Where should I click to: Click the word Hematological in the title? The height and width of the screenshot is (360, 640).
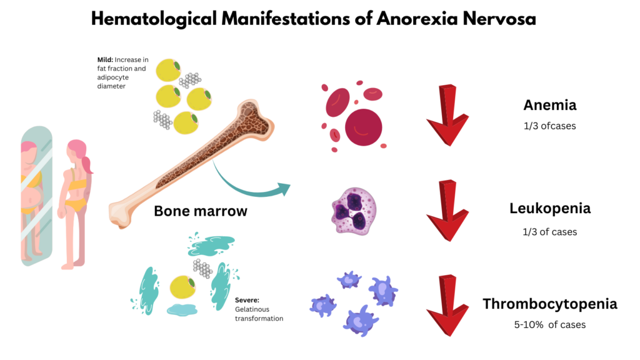pos(154,19)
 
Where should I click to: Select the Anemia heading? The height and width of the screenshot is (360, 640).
pos(550,105)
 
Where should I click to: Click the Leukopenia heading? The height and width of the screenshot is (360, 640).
pos(550,209)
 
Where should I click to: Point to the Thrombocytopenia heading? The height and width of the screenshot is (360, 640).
pos(550,304)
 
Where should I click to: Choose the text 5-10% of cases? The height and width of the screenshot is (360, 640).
pos(550,325)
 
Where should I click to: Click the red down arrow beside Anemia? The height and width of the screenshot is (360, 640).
pos(447,116)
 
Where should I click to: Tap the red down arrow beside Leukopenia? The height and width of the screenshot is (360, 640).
pos(447,211)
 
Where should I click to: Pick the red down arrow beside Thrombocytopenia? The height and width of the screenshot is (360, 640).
pos(447,306)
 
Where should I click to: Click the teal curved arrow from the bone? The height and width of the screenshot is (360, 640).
pos(245,191)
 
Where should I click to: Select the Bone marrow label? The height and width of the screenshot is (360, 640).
pos(201,211)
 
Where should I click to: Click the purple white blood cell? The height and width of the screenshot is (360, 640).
pos(354,211)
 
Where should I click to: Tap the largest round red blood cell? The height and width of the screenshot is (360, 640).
pos(363,127)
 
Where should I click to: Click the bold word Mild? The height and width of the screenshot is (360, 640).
pos(105,59)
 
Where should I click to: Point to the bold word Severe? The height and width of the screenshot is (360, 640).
pos(247,300)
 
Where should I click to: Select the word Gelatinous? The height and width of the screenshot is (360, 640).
pos(252,309)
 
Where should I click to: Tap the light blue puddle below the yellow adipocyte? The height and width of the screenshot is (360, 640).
pos(182,310)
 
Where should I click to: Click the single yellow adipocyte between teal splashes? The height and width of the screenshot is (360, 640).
pos(182,287)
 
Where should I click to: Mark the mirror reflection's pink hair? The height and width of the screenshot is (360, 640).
pos(29,147)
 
